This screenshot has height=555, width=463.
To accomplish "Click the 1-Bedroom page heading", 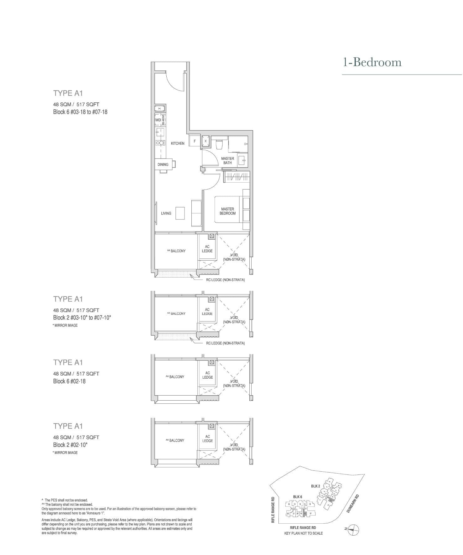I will [x=372, y=62].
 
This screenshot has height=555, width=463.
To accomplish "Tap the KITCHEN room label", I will [x=178, y=143].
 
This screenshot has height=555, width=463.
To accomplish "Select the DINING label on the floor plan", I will [x=163, y=164].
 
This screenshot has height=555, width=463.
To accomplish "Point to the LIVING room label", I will [x=166, y=213].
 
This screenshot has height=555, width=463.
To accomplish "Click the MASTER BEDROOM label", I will [x=227, y=211].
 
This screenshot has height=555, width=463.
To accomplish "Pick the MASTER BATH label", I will [x=227, y=161].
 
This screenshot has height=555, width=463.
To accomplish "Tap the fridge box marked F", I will [x=195, y=141].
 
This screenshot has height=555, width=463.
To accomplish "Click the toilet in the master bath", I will [x=219, y=144].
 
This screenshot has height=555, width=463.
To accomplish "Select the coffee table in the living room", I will [x=180, y=213].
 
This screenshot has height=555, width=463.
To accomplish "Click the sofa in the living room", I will [x=196, y=213].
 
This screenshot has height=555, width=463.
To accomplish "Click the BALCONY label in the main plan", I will [x=176, y=251].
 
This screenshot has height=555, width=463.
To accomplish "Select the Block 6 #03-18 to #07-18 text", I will [x=80, y=112].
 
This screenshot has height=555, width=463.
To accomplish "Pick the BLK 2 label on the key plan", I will [x=315, y=486].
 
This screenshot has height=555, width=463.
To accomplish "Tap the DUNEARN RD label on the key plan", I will [x=353, y=503].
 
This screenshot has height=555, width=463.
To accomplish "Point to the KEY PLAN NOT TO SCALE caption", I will [x=303, y=533].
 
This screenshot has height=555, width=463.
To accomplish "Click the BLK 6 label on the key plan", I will [x=298, y=497].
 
